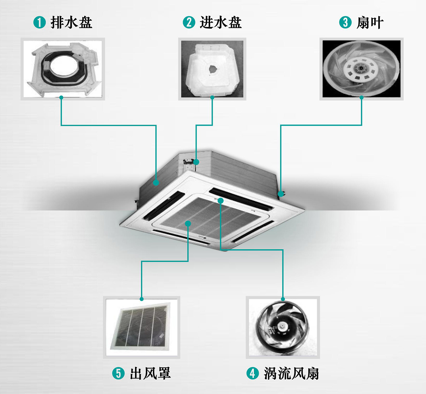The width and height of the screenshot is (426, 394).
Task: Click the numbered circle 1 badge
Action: pos(40,22)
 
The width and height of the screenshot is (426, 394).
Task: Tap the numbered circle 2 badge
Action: pos(189,22)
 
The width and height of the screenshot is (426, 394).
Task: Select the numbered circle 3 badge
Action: pos(345,22)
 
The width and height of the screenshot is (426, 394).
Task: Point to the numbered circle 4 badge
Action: pos(253,373)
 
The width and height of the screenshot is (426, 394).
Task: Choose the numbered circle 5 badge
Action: pos(118,373)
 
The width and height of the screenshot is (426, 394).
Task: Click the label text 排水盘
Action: pos(72,22)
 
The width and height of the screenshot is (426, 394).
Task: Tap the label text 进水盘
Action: pos(221,22)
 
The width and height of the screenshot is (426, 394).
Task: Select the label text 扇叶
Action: pos(370,22)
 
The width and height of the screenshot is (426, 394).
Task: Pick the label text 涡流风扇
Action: pos(291,373)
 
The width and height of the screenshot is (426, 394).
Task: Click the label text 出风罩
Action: pos(150,373)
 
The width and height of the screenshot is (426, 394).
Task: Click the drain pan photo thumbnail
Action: pos(63,69)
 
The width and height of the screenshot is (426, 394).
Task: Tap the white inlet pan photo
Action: pos(212,69)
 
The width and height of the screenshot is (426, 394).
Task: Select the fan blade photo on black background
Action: pos(361,69)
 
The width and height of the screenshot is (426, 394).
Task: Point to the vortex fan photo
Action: pos(283,327)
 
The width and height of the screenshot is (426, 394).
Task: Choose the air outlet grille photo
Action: pos(141,327)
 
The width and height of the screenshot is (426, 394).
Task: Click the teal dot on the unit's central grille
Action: pos(188,223)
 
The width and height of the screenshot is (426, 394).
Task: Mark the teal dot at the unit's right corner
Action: pos(281,194)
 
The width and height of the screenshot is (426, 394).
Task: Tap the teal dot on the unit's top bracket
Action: pos(196,162)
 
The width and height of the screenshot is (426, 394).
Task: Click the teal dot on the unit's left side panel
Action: pos(156,183)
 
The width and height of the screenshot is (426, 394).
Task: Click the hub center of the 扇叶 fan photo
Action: pos(361,68)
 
